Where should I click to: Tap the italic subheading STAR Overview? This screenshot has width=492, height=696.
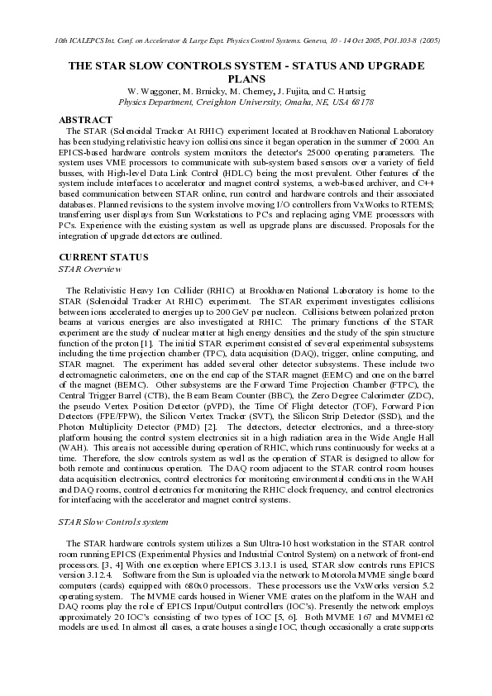click(88, 269)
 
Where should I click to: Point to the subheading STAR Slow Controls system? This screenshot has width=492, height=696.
click(114, 522)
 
